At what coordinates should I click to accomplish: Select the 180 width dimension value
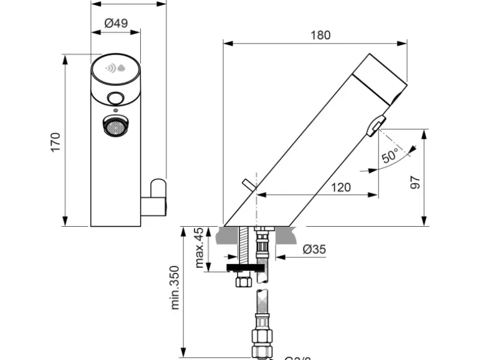[x=320, y=36]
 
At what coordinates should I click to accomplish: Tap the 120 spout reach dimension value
[x=340, y=187]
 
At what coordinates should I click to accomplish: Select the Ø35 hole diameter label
[x=314, y=250]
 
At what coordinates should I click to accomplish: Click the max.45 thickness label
[x=199, y=248]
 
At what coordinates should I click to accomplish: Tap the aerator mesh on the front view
[x=115, y=127]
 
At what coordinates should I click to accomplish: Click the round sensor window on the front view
[x=115, y=98]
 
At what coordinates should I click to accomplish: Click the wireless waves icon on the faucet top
[x=111, y=69]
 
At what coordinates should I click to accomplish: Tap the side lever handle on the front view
[x=156, y=198]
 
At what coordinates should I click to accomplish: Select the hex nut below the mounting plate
[x=242, y=281]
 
